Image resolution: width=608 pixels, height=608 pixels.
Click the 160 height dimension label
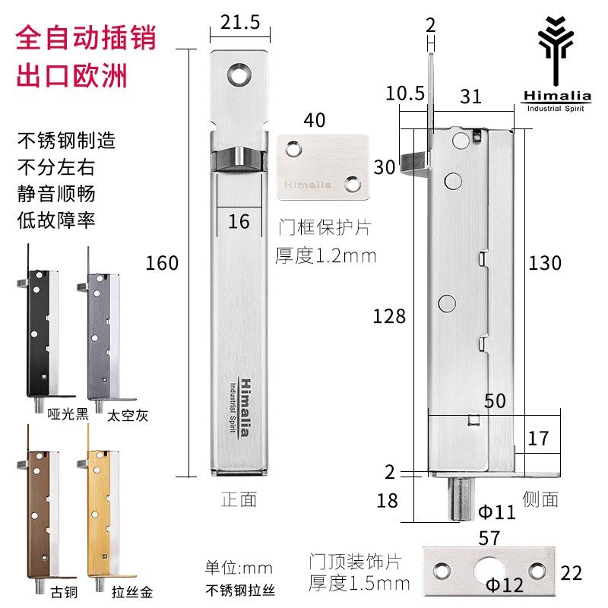tap(163, 263)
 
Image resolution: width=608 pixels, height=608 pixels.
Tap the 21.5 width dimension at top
tap(239, 23)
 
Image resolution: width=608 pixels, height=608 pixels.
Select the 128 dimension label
tap(389, 316)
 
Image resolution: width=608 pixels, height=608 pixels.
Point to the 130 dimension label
tap(544, 263)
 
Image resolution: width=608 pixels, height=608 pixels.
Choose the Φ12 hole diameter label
tap(505, 586)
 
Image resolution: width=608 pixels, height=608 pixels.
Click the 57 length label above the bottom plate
tap(490, 539)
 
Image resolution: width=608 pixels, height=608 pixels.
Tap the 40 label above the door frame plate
tap(315, 120)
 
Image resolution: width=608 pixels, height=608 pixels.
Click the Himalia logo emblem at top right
tap(556, 46)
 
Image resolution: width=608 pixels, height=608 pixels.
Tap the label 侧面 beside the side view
tap(540, 499)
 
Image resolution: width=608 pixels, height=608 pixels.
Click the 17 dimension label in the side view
tap(537, 439)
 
